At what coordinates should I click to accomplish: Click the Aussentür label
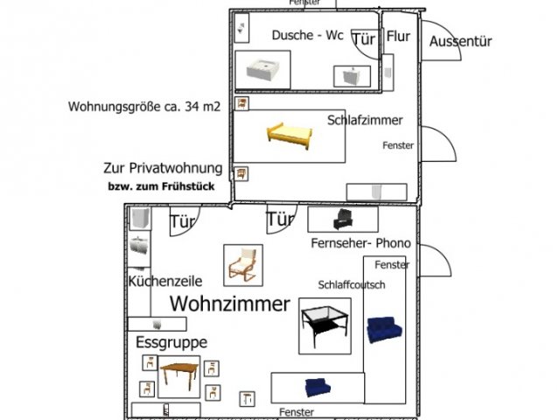(x=460, y=41)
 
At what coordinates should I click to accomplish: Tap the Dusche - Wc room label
(x=307, y=35)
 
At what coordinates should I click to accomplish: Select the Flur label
(x=397, y=38)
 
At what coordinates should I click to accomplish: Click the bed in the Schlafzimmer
(x=290, y=134)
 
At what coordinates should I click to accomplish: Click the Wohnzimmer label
(x=229, y=304)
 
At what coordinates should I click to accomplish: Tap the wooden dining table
(x=179, y=377)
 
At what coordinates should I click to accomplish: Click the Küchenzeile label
(x=165, y=282)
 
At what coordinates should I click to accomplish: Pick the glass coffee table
(x=325, y=325)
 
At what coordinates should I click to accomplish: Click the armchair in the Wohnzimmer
(x=242, y=263)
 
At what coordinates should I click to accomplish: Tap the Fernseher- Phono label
(x=360, y=242)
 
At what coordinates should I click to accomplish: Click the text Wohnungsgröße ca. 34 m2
(x=143, y=107)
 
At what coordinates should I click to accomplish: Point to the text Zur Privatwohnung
(x=163, y=168)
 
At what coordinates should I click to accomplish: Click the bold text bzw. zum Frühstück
(x=161, y=186)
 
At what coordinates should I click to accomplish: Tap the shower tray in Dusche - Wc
(x=262, y=70)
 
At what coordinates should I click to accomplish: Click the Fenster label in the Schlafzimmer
(x=398, y=145)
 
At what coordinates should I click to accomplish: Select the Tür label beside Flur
(x=364, y=39)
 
